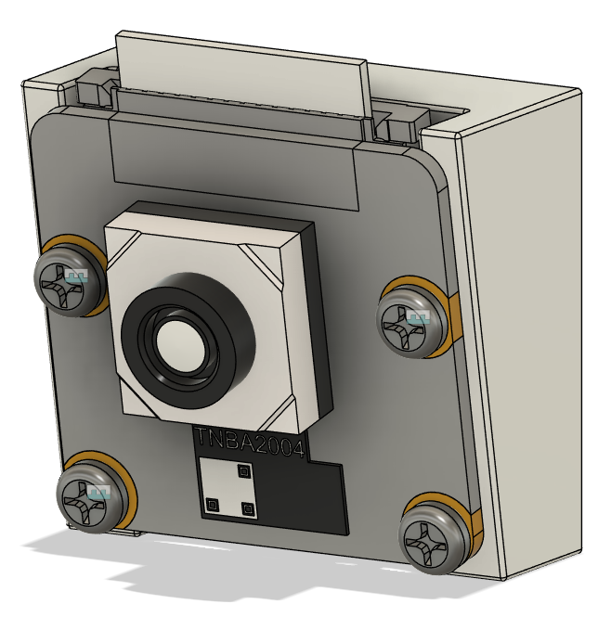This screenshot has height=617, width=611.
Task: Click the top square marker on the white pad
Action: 245,471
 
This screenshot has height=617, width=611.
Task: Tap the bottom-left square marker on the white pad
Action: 212,505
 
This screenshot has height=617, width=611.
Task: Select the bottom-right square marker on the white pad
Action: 247,508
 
